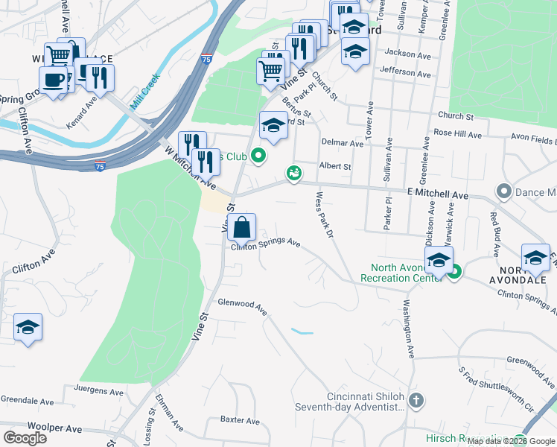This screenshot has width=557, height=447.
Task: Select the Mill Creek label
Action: [145, 92]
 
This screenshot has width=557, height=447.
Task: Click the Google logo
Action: [25, 437]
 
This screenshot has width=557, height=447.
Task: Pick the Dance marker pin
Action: [504, 191]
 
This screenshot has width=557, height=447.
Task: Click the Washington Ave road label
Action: [408, 327]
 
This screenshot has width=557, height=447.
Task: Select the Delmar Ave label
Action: [341, 142]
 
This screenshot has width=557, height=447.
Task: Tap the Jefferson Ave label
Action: [405, 74]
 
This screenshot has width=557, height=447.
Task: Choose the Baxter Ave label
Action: [239, 420]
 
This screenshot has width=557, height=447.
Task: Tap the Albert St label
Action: [334, 166]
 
